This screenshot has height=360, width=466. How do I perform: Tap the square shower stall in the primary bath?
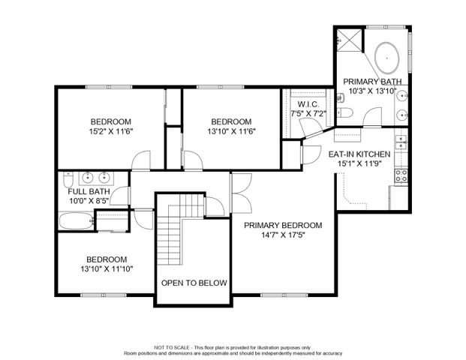pyautogui.click(x=347, y=38)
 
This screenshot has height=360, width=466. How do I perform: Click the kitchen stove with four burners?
pyautogui.click(x=401, y=176)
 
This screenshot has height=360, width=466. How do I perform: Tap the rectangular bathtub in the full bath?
pyautogui.click(x=76, y=221)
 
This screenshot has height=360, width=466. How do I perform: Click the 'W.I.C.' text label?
pyautogui.click(x=308, y=103)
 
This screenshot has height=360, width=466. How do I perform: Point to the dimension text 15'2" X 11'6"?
pyautogui.click(x=111, y=131)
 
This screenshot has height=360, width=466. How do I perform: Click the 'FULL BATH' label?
pyautogui.click(x=89, y=191)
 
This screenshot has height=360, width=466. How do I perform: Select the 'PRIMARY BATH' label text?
pyautogui.click(x=372, y=81)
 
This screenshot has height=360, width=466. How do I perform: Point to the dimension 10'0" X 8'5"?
pyautogui.click(x=89, y=200)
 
